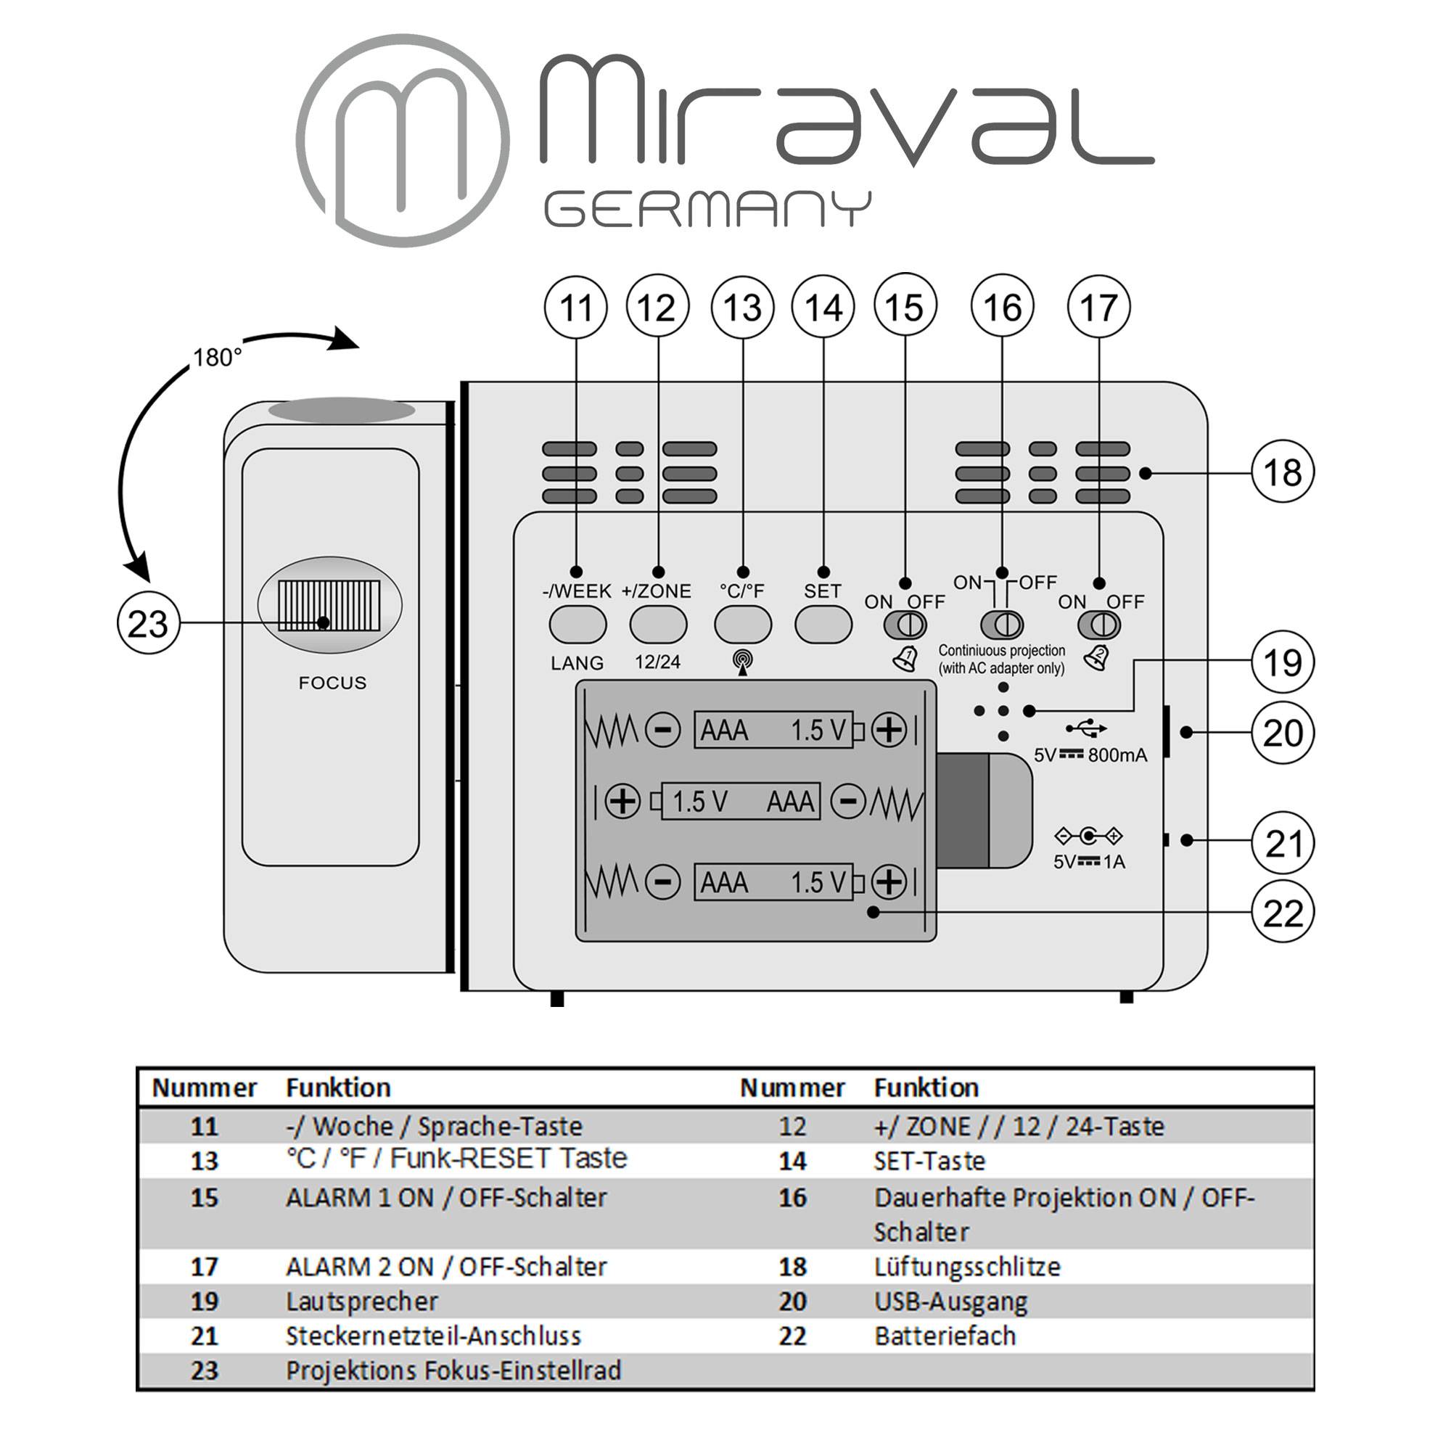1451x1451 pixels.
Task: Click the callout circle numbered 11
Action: click(x=576, y=308)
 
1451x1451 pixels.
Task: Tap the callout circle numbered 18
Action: click(x=1283, y=472)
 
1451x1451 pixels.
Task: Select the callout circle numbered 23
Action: click(x=148, y=623)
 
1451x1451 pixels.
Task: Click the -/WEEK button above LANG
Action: click(x=577, y=624)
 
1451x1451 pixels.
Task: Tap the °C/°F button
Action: click(x=742, y=624)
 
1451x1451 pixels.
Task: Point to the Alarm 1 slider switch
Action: click(x=905, y=625)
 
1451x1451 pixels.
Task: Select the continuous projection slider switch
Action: click(x=1002, y=624)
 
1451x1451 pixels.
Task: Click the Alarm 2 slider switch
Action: click(x=1098, y=625)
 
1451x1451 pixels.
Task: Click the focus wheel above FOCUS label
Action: click(x=329, y=604)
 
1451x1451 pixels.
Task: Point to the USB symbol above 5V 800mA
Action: click(x=1086, y=728)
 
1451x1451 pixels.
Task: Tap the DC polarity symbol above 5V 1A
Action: click(x=1088, y=835)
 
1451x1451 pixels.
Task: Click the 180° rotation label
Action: click(x=217, y=358)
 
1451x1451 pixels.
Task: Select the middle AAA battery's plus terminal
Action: click(x=622, y=802)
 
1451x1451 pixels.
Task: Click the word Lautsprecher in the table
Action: click(x=361, y=1301)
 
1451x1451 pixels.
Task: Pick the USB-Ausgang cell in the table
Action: click(x=950, y=1301)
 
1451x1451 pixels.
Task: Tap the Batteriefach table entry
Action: click(x=944, y=1336)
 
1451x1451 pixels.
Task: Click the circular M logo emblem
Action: click(x=403, y=141)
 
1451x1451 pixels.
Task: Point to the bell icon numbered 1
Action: click(x=905, y=659)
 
